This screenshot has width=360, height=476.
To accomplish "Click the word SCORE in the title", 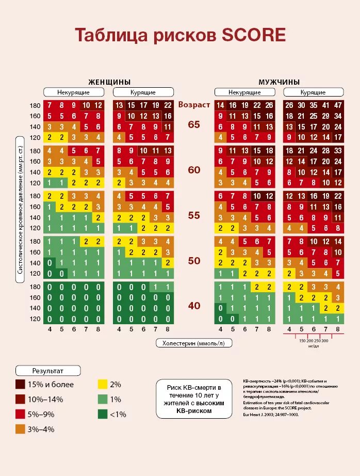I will click(x=253, y=35).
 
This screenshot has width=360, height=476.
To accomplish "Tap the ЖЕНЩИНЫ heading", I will click(x=109, y=82).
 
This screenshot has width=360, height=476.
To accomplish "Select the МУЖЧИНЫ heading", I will click(x=279, y=82).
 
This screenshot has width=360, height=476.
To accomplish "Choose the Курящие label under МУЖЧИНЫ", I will click(x=313, y=92).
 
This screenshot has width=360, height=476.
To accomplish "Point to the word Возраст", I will click(x=194, y=104).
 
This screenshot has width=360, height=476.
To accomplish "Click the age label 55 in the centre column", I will click(x=194, y=215).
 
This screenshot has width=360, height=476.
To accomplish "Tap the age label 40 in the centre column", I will click(x=194, y=306).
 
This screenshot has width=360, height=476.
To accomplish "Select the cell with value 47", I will click(x=337, y=105).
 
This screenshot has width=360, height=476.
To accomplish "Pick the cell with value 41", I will click(x=325, y=105).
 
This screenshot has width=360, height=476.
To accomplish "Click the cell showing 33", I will click(x=337, y=151).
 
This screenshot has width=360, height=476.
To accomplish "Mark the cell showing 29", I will click(x=325, y=116).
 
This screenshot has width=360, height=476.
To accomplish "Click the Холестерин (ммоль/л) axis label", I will click(x=194, y=343).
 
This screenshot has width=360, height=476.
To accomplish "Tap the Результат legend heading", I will click(x=48, y=371).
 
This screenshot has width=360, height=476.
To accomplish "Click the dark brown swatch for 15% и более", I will click(x=21, y=384).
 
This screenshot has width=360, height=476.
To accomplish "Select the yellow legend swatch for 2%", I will click(x=103, y=384).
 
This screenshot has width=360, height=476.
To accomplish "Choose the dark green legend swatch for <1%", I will click(x=103, y=414).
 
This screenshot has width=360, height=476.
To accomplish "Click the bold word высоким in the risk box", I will click(x=210, y=403).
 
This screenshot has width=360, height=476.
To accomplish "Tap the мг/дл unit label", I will click(x=313, y=346).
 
